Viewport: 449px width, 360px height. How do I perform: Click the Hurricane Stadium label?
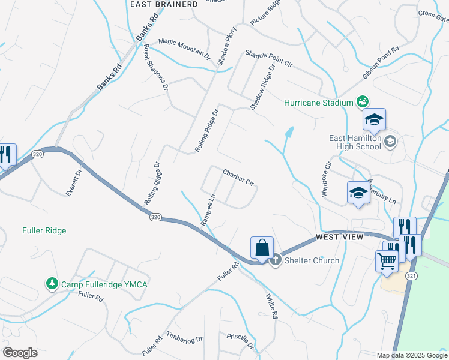pyautogui.click(x=318, y=103)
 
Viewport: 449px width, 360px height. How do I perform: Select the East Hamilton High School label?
pyautogui.click(x=355, y=142)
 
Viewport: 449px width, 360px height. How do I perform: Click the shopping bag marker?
pyautogui.click(x=262, y=247)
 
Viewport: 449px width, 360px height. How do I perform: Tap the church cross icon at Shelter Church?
pyautogui.click(x=276, y=260)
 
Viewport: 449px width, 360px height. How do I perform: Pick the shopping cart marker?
pyautogui.click(x=387, y=261)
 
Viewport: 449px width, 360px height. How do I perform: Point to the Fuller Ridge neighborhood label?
pyautogui.click(x=44, y=230)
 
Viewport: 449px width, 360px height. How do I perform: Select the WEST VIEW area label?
pyautogui.click(x=340, y=238)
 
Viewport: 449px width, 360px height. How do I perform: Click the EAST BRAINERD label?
pyautogui.click(x=164, y=4)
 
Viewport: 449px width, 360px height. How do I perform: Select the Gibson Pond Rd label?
pyautogui.click(x=381, y=63)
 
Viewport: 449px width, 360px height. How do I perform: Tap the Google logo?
pyautogui.click(x=20, y=353)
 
